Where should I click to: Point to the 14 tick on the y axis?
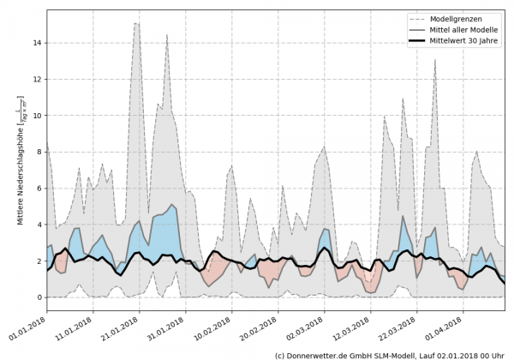pos(39,42)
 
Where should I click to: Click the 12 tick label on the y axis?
pos(39,79)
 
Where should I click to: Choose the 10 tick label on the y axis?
pos(39,115)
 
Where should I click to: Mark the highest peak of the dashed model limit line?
pos(135,24)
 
